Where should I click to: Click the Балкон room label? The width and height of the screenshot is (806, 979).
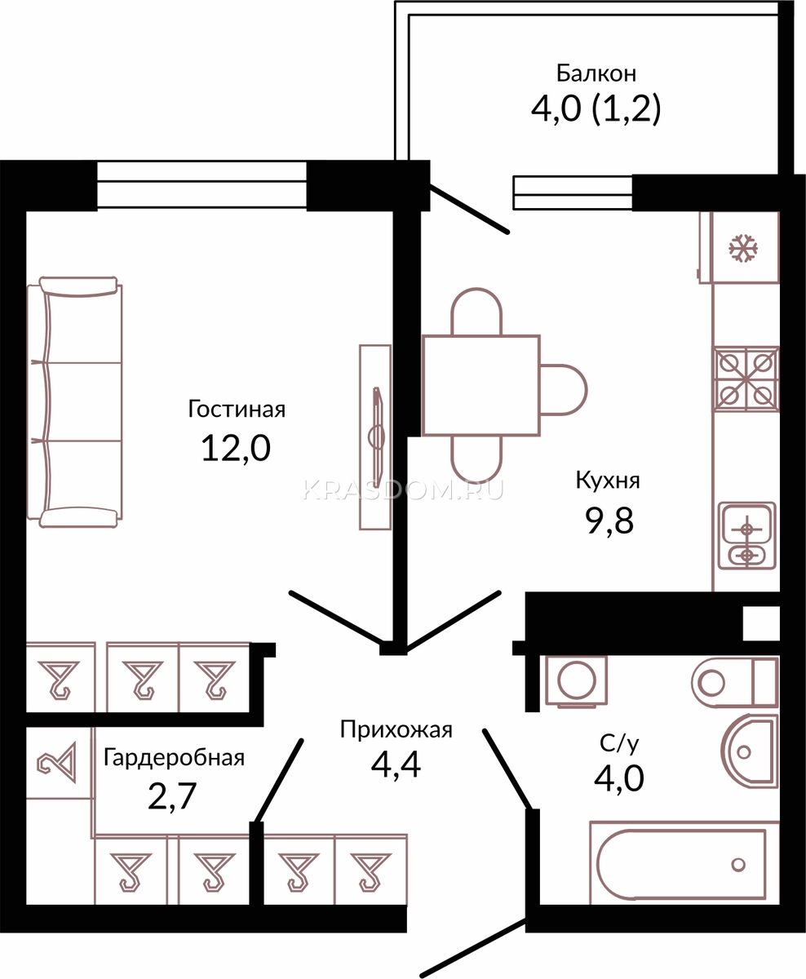pos(596,73)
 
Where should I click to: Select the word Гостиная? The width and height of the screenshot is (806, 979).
pos(237,410)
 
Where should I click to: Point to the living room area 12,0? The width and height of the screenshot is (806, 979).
pos(236,449)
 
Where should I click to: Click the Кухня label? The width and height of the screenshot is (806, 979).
pos(608,481)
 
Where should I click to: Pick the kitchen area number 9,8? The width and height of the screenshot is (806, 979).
pos(609,521)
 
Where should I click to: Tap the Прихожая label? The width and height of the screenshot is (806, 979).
pos(396,729)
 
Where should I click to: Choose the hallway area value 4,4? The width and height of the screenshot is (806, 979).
pos(396,765)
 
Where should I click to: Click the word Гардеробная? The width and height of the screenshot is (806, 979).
pos(174,758)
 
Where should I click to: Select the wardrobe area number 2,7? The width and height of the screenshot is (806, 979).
pos(172,796)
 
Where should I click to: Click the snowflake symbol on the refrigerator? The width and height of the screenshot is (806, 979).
pos(743,248)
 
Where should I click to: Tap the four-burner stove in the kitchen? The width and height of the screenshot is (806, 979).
pos(746,379)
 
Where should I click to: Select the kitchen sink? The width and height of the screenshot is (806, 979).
pos(746,536)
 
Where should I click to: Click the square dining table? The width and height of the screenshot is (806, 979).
pos(481,386)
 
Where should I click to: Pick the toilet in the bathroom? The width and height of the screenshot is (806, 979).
pos(735,682)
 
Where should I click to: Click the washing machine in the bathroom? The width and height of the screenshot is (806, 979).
pos(576,681)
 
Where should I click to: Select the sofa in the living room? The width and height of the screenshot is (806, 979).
pos(75,402)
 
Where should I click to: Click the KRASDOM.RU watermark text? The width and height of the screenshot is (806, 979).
pos(403,489)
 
